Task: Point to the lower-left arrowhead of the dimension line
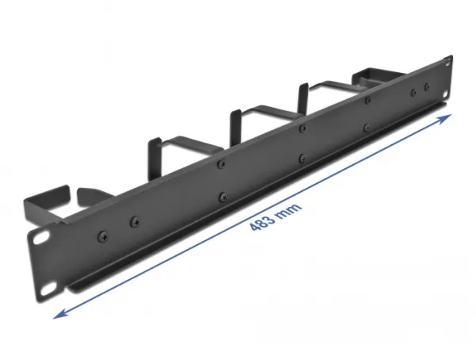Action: (59, 315)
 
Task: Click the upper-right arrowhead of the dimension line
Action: (446, 117)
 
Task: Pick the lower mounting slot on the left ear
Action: (49, 290)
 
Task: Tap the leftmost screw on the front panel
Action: (103, 236)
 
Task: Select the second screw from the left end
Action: (135, 222)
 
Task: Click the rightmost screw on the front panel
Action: (427, 87)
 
